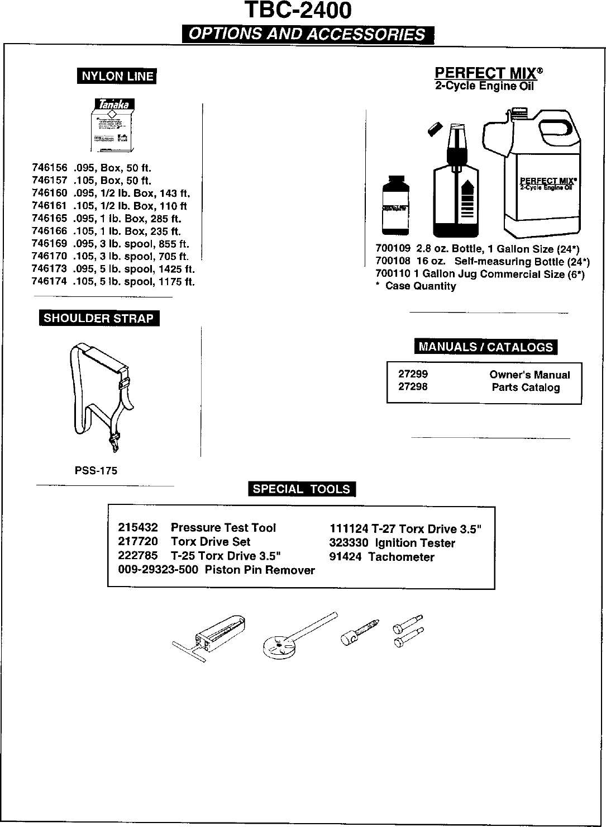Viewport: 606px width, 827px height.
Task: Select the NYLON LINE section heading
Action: click(117, 76)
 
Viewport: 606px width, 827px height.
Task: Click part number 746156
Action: click(49, 168)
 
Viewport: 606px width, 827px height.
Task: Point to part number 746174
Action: click(49, 282)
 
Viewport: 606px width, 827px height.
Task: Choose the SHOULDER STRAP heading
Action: click(98, 319)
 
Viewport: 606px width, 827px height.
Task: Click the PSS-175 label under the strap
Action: click(96, 471)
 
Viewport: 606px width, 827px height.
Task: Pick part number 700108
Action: click(393, 262)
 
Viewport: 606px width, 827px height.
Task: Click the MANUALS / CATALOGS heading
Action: click(485, 347)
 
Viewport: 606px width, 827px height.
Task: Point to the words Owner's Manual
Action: click(529, 375)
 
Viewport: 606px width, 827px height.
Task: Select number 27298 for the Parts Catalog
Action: click(413, 387)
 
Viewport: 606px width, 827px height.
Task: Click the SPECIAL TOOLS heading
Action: click(302, 489)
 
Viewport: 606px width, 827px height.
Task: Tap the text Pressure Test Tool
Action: click(223, 528)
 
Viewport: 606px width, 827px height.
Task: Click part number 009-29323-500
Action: click(158, 570)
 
